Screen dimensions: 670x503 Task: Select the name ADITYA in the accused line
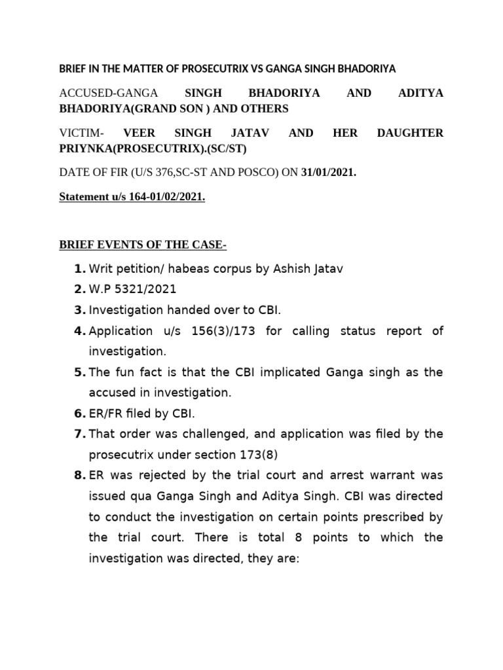[420, 94]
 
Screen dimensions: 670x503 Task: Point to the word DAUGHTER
[411, 133]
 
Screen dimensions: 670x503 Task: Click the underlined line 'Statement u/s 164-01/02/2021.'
[132, 197]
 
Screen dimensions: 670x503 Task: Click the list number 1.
[79, 269]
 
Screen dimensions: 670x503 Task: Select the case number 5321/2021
[141, 290]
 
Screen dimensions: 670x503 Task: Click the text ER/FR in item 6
[107, 414]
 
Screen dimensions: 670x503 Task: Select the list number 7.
[79, 434]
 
